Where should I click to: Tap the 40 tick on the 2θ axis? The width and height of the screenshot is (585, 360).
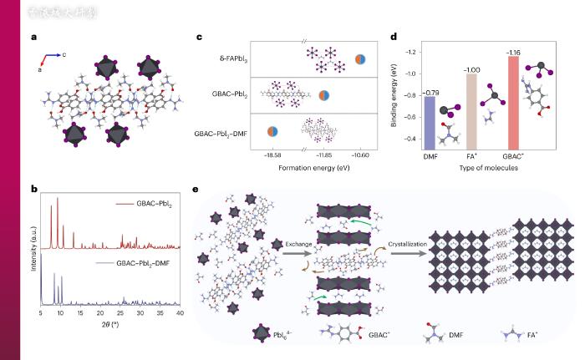[x=180, y=312]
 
